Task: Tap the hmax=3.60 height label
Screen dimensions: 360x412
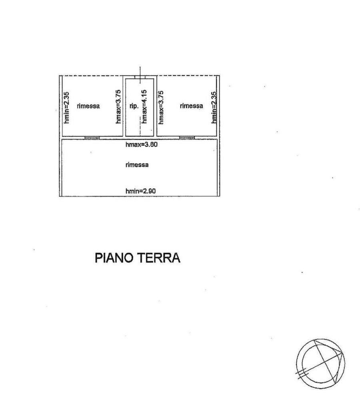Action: click(x=142, y=145)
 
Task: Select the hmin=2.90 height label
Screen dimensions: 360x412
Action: click(x=141, y=191)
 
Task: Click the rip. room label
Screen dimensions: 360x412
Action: click(x=134, y=106)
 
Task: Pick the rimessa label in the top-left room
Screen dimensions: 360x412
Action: click(x=88, y=106)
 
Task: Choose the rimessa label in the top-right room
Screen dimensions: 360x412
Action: click(x=192, y=105)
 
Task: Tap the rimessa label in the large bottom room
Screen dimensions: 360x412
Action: click(x=137, y=165)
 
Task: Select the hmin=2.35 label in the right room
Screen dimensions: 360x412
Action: click(x=214, y=107)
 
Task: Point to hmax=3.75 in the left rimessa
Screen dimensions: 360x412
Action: click(x=118, y=106)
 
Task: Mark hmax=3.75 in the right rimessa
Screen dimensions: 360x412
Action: click(x=161, y=107)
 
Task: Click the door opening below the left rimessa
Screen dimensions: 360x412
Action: click(x=92, y=138)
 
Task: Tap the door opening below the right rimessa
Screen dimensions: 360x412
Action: click(x=187, y=138)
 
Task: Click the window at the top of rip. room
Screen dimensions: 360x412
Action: click(x=140, y=77)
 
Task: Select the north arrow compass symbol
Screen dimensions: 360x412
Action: click(x=320, y=363)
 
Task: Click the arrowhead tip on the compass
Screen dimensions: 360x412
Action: click(x=343, y=354)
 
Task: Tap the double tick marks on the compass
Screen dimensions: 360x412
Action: click(x=302, y=373)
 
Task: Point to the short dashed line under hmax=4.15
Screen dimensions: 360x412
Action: click(x=140, y=126)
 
